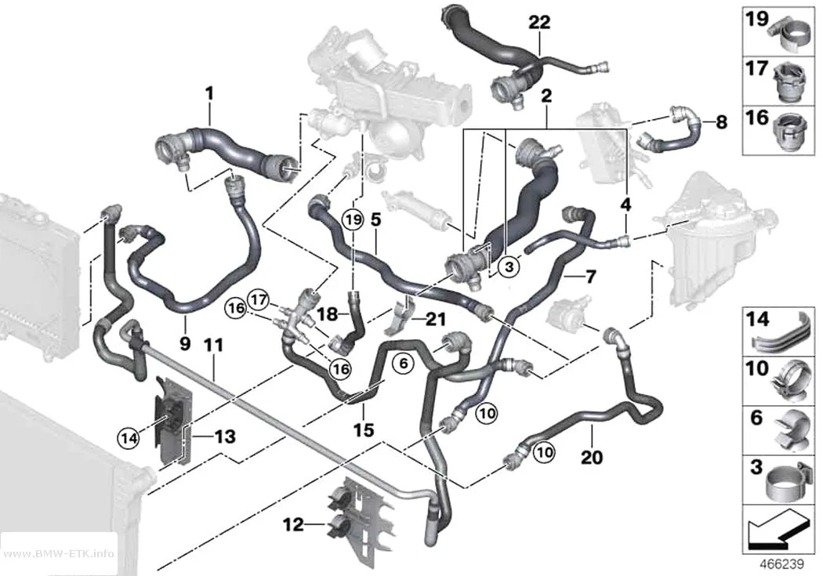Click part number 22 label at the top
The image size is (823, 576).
coord(539,23)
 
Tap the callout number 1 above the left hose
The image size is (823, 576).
coord(209,93)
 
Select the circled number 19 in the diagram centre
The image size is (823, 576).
coord(353,219)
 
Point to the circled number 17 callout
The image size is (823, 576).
coord(258,300)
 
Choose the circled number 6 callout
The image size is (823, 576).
coord(403,363)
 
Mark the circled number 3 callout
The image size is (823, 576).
coord(509,267)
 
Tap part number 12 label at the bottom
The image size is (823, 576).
coord(293,523)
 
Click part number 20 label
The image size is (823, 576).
coord(592,458)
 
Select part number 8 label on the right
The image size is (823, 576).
coord(722,122)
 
